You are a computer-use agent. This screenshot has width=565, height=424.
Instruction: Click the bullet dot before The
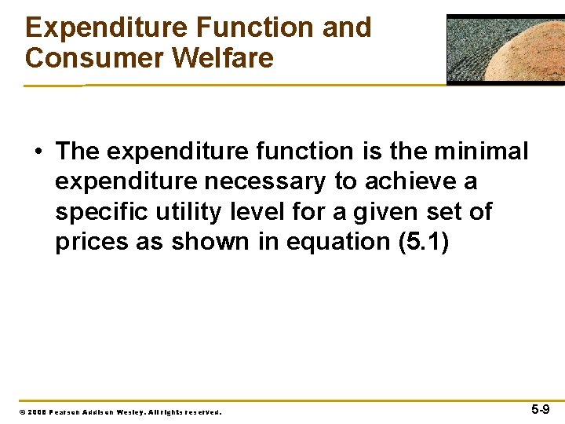coord(38,151)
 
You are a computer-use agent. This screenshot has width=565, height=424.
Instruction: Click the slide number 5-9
coord(540,409)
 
